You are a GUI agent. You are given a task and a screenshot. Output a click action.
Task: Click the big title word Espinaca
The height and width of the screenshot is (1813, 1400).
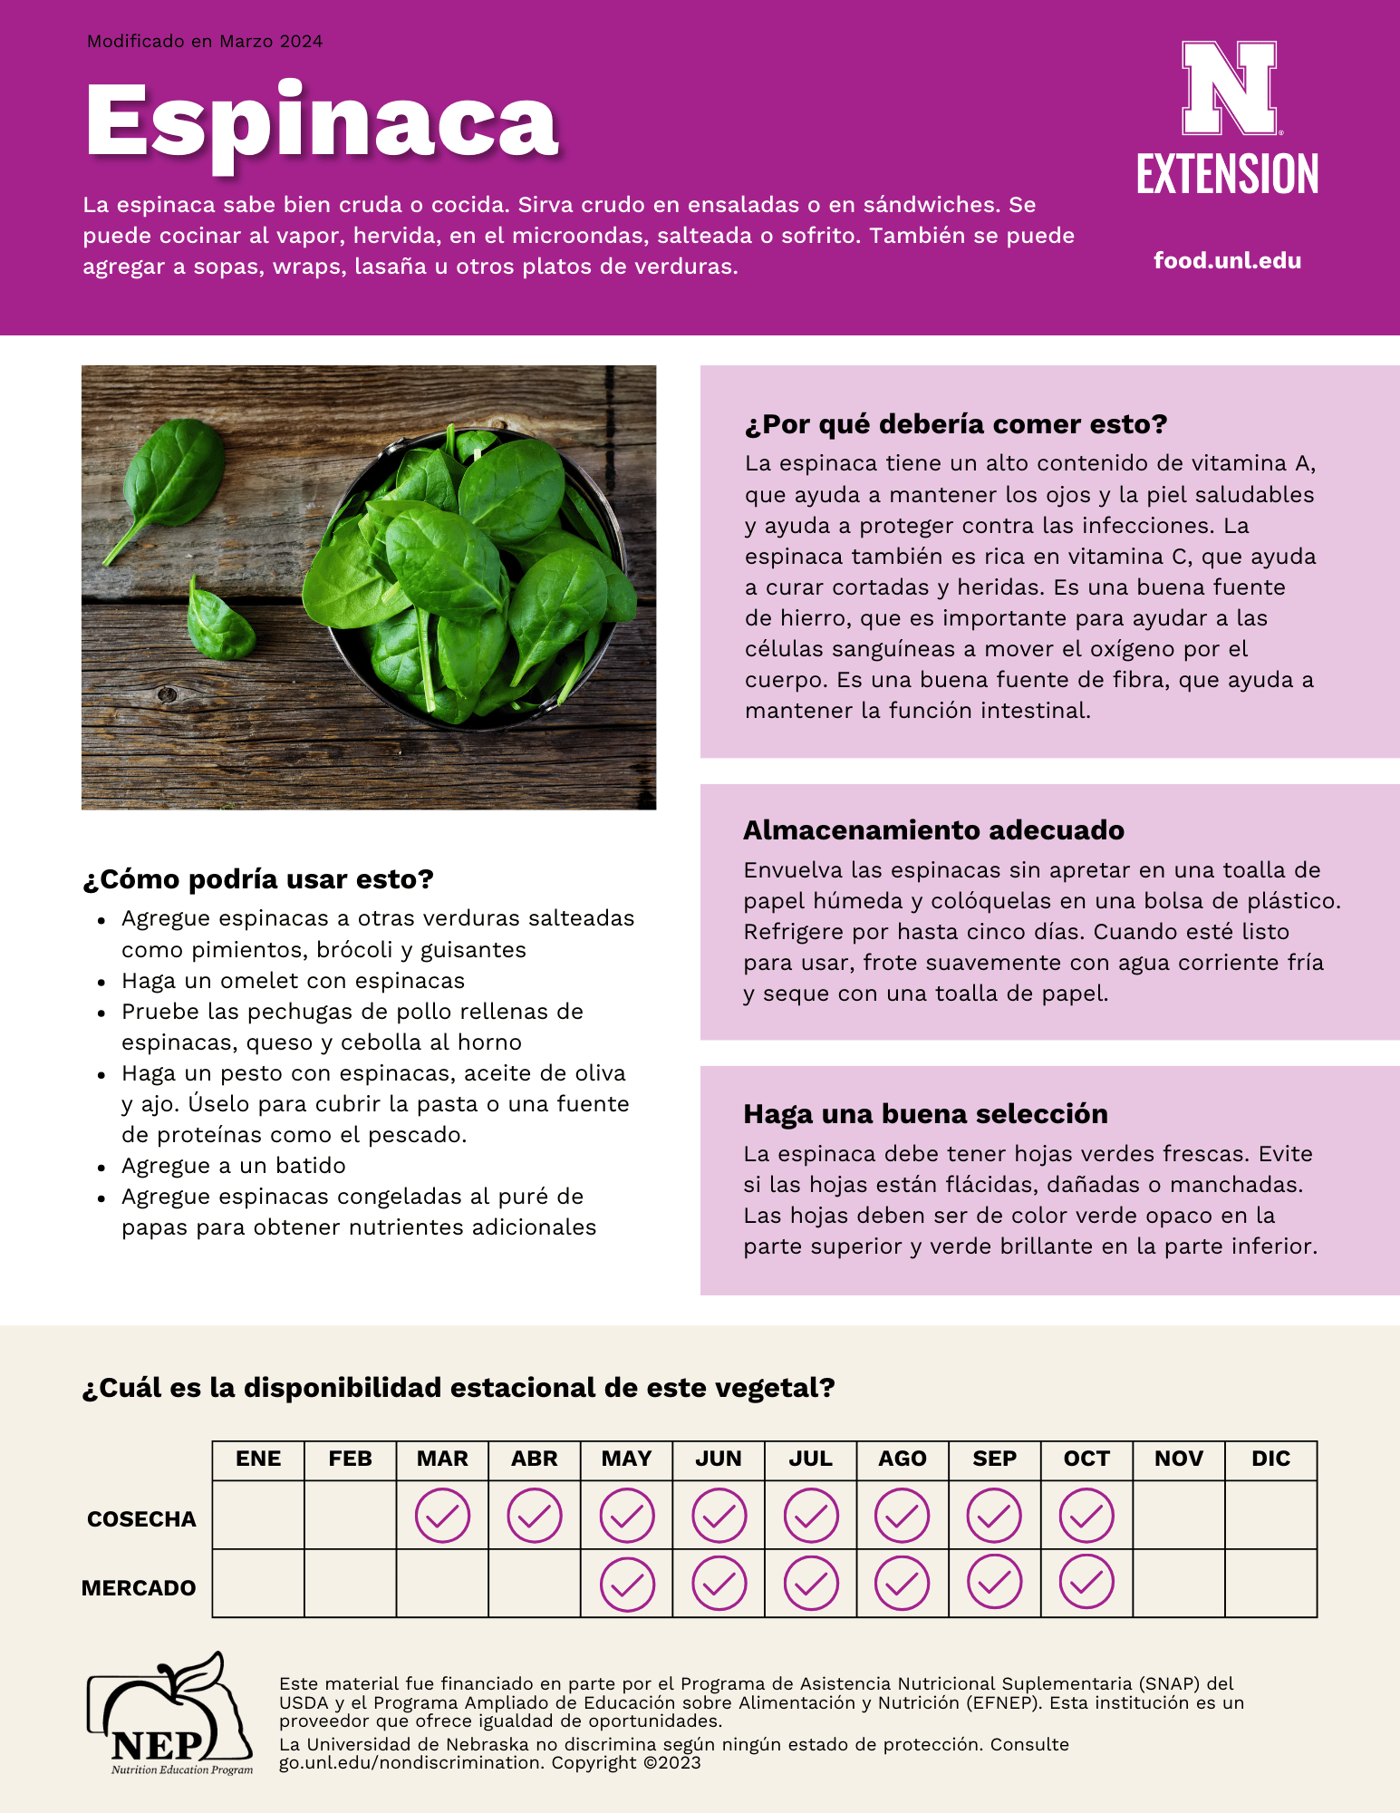tap(322, 122)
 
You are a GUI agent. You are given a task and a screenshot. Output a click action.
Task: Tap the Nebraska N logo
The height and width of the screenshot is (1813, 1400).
tap(1229, 88)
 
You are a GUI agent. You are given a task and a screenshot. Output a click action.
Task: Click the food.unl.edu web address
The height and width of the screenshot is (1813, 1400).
tap(1227, 261)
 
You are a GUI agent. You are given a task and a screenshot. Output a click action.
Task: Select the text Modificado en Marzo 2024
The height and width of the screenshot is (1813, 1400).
tap(205, 42)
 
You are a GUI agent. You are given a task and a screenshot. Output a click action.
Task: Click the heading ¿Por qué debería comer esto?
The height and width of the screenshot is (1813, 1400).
tap(955, 424)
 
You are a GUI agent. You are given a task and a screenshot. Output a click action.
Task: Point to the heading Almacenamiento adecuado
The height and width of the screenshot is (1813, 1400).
tap(933, 830)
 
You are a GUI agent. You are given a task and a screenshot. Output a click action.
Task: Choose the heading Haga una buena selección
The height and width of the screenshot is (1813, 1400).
tap(925, 1114)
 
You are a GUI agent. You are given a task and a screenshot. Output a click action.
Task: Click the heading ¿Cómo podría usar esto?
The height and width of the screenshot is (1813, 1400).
tap(258, 879)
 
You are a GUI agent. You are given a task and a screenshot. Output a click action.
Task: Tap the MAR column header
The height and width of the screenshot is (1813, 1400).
tap(442, 1459)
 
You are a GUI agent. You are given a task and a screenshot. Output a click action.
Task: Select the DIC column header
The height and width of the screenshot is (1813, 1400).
tap(1270, 1459)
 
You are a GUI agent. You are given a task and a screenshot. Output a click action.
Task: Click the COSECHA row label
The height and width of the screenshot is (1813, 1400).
tap(141, 1519)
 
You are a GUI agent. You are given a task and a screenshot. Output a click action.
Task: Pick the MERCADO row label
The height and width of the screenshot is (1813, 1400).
tap(139, 1588)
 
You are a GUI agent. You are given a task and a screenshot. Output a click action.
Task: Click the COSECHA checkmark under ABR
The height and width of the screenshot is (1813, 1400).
tap(535, 1516)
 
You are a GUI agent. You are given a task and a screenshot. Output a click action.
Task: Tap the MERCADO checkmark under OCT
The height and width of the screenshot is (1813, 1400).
tap(1086, 1583)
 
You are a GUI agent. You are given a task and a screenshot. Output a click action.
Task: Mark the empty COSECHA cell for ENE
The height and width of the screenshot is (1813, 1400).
tap(258, 1516)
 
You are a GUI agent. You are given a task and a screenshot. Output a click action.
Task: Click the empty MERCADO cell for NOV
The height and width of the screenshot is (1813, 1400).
tap(1179, 1583)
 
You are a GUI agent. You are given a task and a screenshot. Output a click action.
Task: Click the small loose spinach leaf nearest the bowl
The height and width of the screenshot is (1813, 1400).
tap(219, 621)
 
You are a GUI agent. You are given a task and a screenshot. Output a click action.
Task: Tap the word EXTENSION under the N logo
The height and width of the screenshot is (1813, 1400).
tap(1227, 174)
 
